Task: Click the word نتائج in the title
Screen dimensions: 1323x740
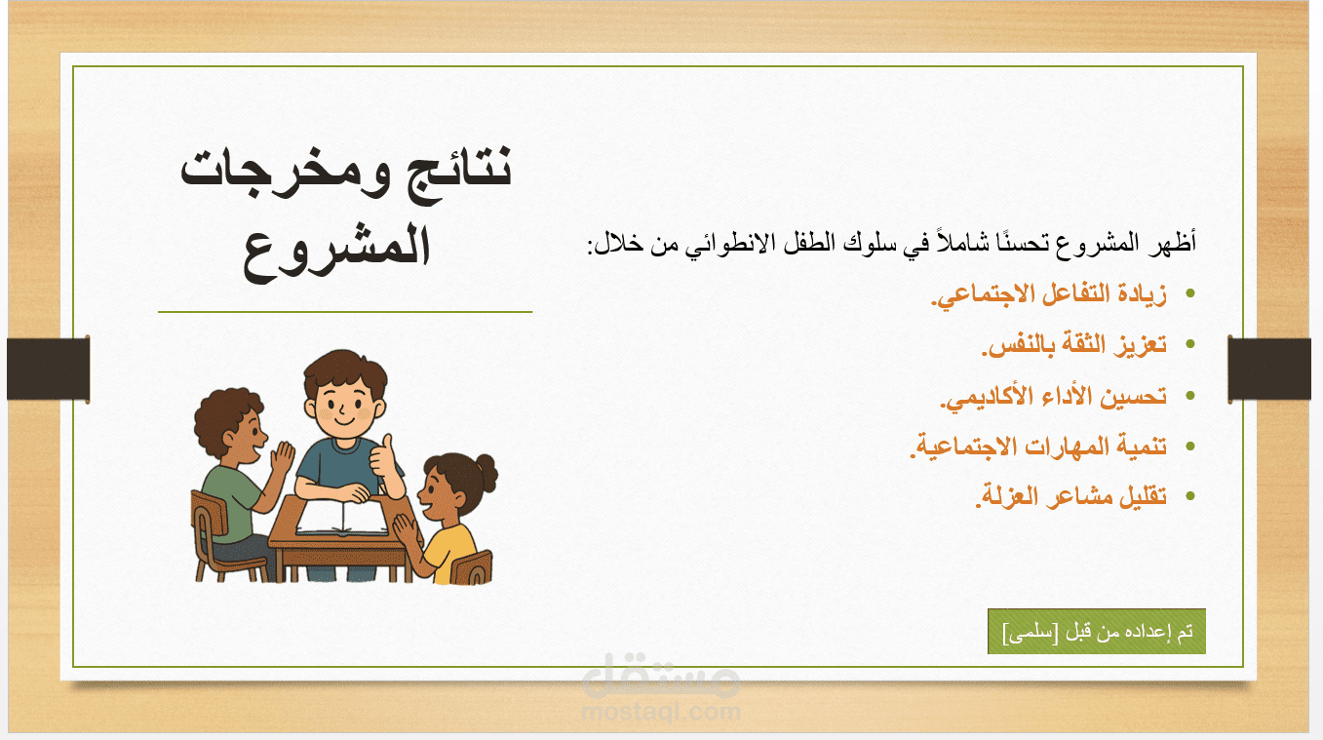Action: (451, 173)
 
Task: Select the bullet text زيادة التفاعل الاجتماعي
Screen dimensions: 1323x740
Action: (1049, 295)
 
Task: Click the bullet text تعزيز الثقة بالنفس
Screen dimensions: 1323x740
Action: (1074, 345)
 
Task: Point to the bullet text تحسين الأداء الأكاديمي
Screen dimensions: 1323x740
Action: (1053, 396)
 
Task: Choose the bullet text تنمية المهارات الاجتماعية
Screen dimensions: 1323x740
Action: (1038, 447)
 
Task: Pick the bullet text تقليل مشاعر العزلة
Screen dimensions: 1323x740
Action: (1071, 496)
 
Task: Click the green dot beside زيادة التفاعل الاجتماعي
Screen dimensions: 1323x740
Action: (1190, 293)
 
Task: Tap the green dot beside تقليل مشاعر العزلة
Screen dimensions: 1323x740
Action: (1190, 496)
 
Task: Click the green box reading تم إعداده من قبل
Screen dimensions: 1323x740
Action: (1096, 632)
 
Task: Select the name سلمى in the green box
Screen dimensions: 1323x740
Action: (1031, 633)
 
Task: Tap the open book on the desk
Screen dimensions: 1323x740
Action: (342, 518)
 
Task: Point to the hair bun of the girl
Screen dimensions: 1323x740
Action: (487, 473)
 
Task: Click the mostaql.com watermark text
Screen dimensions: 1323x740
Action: (661, 713)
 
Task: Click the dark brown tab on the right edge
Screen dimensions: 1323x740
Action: (1269, 370)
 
